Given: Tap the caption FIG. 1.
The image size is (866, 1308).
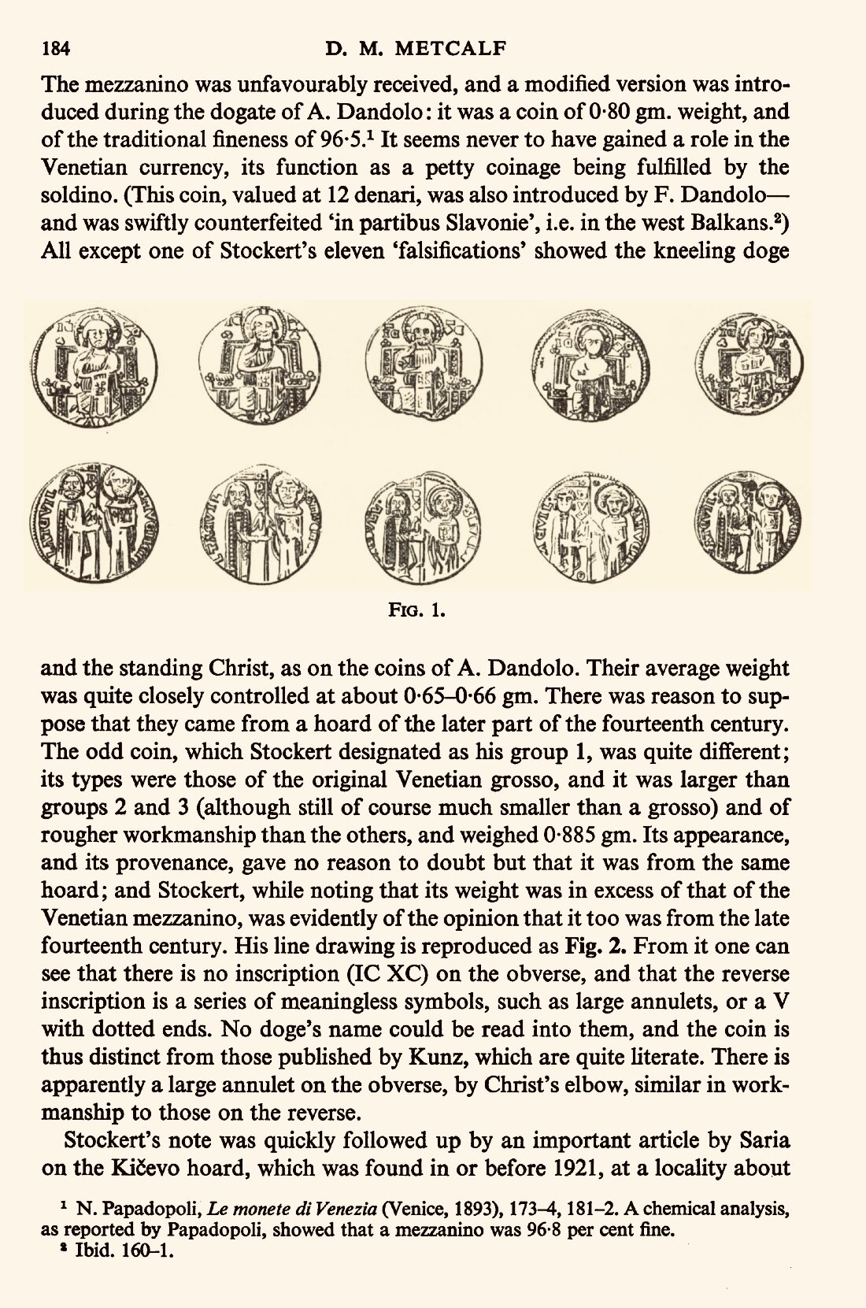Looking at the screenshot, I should pyautogui.click(x=417, y=610).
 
